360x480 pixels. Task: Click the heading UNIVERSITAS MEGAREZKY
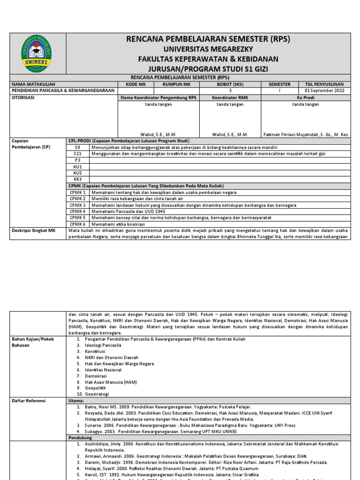(207, 49)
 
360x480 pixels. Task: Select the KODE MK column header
(136, 84)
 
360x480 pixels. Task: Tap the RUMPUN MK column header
(177, 84)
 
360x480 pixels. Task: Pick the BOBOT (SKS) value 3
(230, 90)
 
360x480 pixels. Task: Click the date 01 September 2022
(324, 90)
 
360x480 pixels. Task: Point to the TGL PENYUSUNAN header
(324, 84)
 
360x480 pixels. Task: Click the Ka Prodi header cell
(306, 97)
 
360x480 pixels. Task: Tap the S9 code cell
(78, 147)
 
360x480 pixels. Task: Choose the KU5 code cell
(78, 172)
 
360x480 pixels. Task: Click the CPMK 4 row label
(78, 211)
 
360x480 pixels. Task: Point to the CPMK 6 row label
(78, 224)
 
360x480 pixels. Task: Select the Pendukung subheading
(81, 437)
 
